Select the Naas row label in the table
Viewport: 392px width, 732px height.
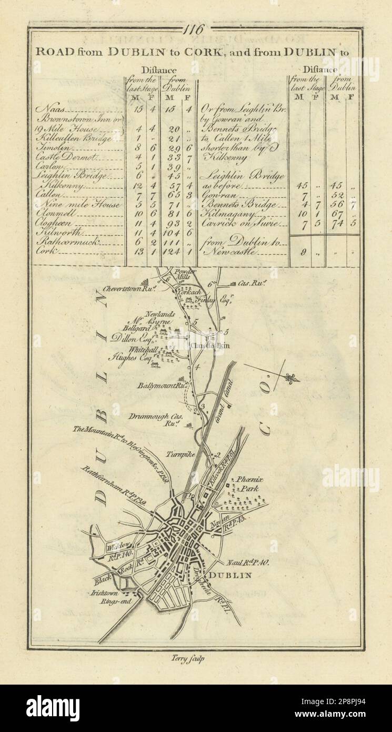46,109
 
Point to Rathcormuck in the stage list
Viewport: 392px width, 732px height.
64,242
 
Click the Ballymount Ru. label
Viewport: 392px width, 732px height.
156,385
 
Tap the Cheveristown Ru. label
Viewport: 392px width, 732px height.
123,289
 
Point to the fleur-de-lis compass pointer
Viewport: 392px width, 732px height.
292,378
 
